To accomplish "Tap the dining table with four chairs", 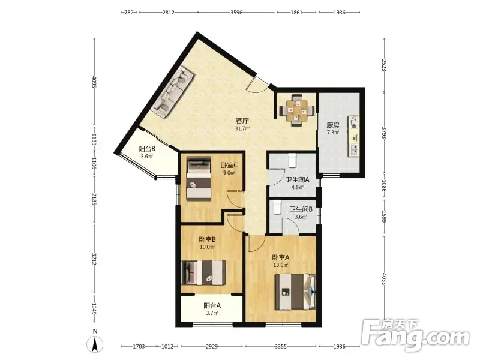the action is [296, 110].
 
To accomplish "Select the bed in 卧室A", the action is [295, 292].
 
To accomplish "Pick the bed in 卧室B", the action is [203, 272].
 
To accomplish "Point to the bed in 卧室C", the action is [199, 178].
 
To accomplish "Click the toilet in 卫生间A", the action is [292, 160].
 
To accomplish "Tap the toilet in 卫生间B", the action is [277, 207].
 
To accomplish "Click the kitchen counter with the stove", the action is [353, 136].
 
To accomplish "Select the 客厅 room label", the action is [242, 121].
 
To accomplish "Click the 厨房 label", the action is [333, 125].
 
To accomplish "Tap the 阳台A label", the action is [212, 305].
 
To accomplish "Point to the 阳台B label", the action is [147, 149].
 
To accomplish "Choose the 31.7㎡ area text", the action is [242, 128].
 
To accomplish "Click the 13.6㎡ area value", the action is [281, 265].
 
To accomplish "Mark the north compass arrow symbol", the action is [95, 344].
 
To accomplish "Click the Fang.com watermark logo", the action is [415, 335].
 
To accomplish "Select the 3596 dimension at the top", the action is [236, 12].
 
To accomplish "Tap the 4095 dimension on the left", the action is [94, 82].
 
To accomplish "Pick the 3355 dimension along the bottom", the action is [281, 347].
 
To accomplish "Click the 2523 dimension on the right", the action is [384, 65].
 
